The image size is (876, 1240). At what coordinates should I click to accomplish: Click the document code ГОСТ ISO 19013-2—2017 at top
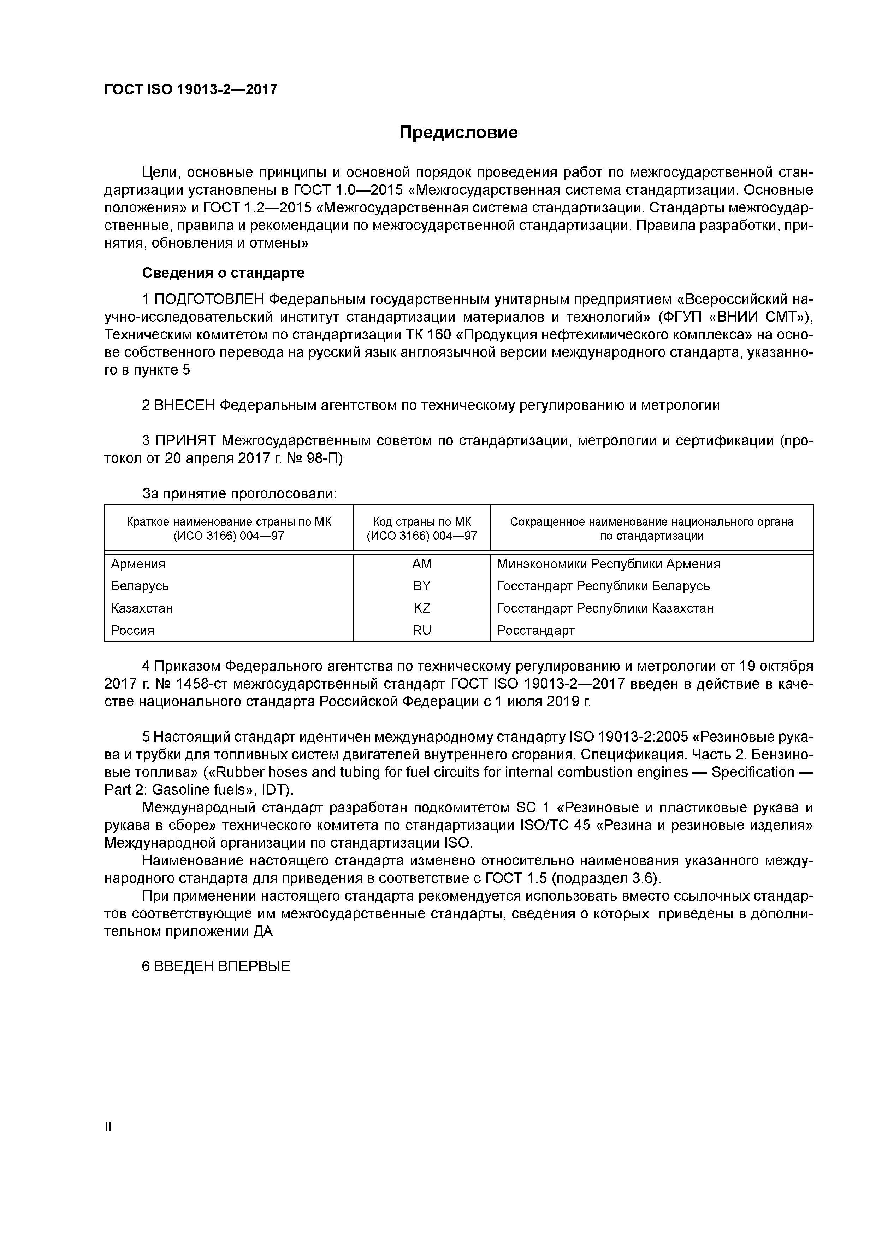point(190,90)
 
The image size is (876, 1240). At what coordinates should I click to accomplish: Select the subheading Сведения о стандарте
point(223,273)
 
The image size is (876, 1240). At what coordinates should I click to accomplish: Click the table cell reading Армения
point(138,565)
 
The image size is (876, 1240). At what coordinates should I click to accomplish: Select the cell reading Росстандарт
point(535,630)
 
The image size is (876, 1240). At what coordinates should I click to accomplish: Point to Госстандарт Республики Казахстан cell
point(605,608)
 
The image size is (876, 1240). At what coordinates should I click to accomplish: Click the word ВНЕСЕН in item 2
point(185,405)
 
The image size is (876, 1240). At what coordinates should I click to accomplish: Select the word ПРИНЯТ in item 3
point(185,441)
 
